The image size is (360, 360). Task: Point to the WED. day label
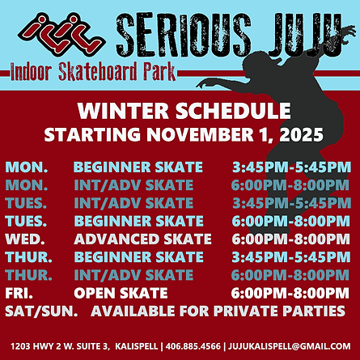(23, 239)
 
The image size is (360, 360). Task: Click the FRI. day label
(19, 292)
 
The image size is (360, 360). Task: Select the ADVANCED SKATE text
(142, 239)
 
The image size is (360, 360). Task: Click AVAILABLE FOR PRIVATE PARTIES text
(221, 310)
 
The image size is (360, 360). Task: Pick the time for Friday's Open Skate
(290, 292)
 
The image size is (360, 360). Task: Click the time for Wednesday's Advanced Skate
(290, 239)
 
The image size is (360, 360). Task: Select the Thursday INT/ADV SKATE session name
(133, 275)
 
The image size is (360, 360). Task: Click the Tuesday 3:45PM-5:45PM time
(290, 203)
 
